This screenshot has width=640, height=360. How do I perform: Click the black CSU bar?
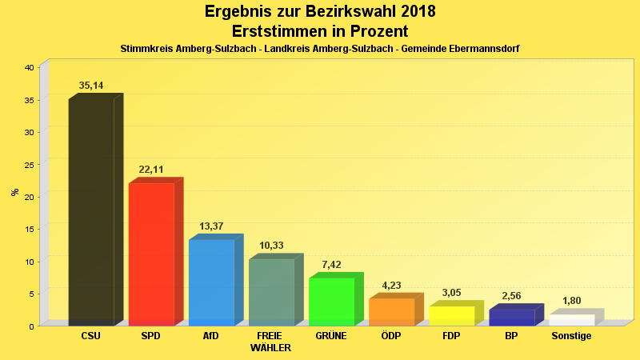(x=91, y=212)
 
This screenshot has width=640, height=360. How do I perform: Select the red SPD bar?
(x=151, y=254)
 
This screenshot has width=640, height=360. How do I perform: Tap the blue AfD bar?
(x=211, y=282)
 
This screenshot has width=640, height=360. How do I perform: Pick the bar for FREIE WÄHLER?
(x=271, y=292)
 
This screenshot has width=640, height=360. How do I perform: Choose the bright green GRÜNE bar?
(x=331, y=301)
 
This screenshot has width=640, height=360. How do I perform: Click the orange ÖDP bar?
(x=391, y=311)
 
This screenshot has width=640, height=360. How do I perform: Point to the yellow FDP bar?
(x=451, y=315)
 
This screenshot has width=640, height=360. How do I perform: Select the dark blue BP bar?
(x=511, y=317)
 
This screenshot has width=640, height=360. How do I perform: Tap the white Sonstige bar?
(x=571, y=319)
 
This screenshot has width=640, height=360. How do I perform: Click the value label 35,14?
(x=91, y=86)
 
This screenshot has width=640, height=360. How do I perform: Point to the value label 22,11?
(x=151, y=170)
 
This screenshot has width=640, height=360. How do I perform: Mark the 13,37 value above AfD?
(x=211, y=226)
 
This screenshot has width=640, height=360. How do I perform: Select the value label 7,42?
(x=331, y=264)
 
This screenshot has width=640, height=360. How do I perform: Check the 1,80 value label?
(x=571, y=301)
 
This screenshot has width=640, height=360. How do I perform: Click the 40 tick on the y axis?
(x=29, y=67)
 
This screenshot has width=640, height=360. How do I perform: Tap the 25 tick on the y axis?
(x=29, y=165)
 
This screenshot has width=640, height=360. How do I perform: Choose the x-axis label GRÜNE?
(x=331, y=336)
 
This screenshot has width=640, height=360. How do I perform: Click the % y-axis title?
(x=14, y=192)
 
